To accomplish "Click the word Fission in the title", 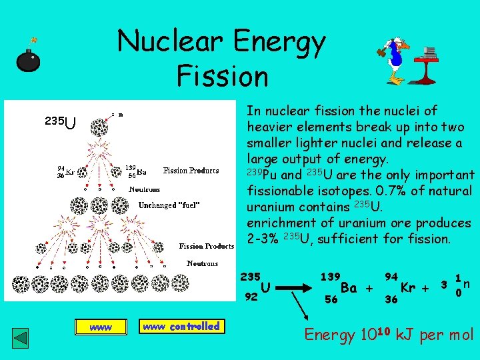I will pos(222,75).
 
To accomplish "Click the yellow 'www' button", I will pos(100,327).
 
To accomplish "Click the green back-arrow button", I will pos(22,337).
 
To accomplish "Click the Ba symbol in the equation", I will pos(349,288).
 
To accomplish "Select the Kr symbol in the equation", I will pos(409,288).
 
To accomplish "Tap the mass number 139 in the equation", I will pos(330,275).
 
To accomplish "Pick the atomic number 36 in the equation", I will pos(391,300).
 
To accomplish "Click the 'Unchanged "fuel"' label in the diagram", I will pos(169,205).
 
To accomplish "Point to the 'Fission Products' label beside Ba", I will pos(191,171).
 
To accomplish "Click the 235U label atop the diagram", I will pos(60,122).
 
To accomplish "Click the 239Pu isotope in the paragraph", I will pos(262,175).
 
